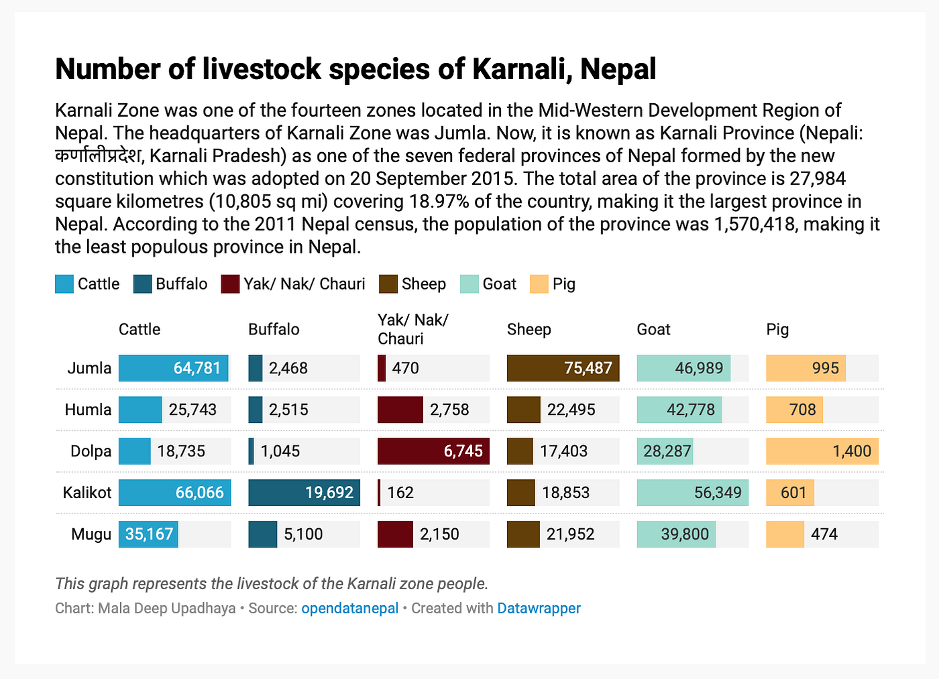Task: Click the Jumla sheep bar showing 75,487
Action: (563, 369)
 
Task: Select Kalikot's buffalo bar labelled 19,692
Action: (304, 493)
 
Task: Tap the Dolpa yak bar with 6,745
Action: (433, 451)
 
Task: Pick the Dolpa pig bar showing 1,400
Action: (822, 451)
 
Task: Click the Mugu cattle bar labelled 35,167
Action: (148, 534)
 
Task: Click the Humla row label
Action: (88, 410)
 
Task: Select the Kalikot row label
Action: (87, 493)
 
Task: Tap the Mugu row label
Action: (91, 534)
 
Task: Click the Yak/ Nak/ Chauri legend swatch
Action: (230, 284)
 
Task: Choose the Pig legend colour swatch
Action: (539, 284)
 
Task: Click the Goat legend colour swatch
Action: (469, 284)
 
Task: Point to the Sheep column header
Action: (529, 329)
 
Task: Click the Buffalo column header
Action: (274, 329)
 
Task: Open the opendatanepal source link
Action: (349, 609)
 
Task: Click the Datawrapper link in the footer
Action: (539, 609)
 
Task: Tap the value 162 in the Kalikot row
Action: (400, 493)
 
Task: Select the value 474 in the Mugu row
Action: (824, 534)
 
